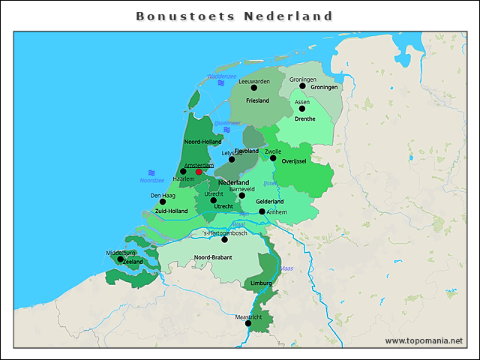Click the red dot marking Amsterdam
click(x=199, y=172)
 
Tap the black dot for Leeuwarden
click(x=254, y=88)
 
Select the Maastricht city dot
click(x=249, y=324)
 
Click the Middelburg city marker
click(x=121, y=259)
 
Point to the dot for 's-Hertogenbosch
click(x=224, y=239)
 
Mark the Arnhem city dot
click(x=262, y=211)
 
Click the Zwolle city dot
click(x=273, y=157)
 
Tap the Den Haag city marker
click(x=163, y=202)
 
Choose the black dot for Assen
click(x=302, y=109)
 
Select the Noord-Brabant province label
click(x=212, y=258)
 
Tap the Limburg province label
click(x=261, y=283)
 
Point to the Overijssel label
click(x=297, y=161)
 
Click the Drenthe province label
click(x=304, y=118)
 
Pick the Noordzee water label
click(x=151, y=181)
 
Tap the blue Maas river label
click(x=286, y=268)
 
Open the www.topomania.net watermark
click(x=424, y=340)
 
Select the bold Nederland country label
click(x=233, y=182)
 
